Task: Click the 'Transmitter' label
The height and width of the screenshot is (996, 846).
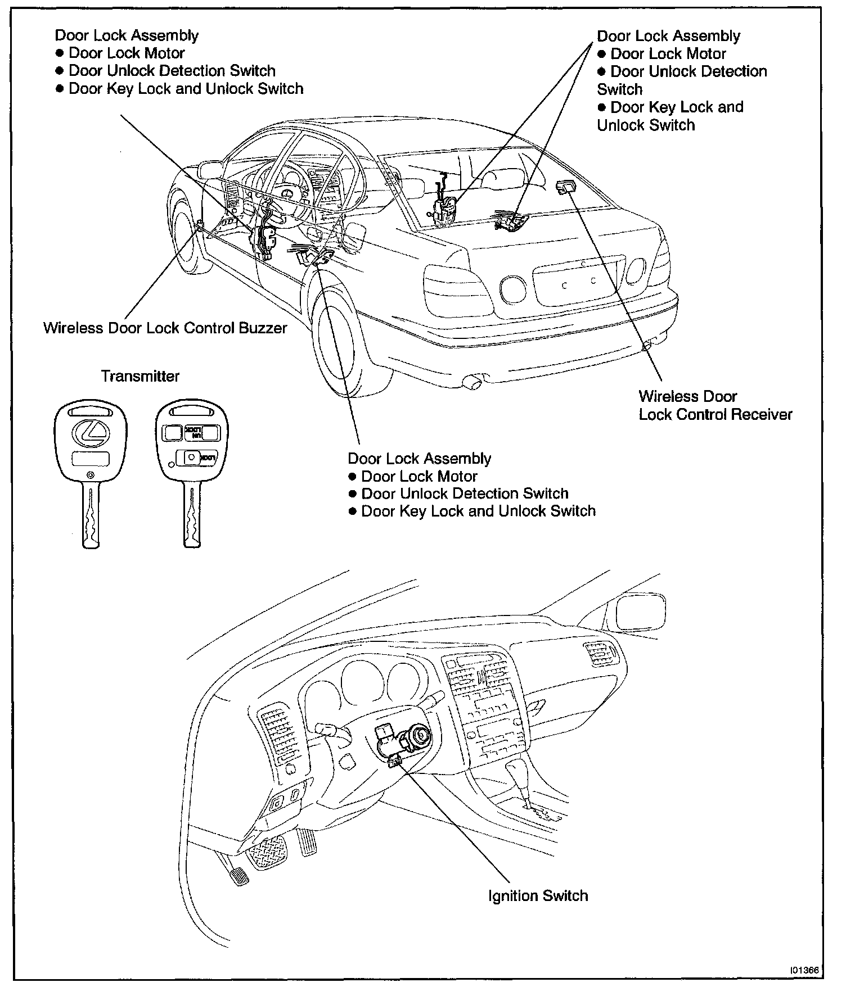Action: pos(140,376)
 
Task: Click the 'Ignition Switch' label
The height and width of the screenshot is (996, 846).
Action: pos(538,895)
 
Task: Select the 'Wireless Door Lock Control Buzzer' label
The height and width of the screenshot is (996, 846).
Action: pos(165,328)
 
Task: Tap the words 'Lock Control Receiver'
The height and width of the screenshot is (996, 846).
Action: pos(715,415)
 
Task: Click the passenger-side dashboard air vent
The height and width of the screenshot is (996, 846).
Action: pos(600,655)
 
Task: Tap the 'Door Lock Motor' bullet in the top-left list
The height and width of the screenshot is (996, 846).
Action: pos(126,53)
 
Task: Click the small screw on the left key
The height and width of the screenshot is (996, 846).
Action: pos(91,476)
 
